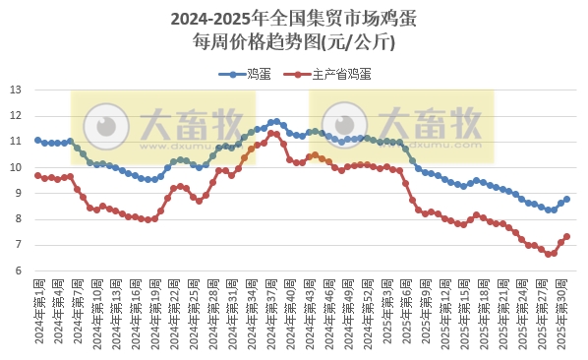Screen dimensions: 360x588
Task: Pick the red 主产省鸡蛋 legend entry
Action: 330,74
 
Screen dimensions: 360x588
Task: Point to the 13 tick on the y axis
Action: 15,90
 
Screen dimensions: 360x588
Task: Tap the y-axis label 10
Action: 15,167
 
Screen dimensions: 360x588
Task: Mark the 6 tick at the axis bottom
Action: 18,270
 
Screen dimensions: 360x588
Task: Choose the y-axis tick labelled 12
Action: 15,116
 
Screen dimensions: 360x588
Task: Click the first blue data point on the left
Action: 37,140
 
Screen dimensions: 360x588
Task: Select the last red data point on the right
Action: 567,236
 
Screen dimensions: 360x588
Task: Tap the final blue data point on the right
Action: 567,200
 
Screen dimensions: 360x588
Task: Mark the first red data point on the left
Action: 37,175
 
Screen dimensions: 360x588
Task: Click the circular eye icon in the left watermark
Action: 103,126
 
